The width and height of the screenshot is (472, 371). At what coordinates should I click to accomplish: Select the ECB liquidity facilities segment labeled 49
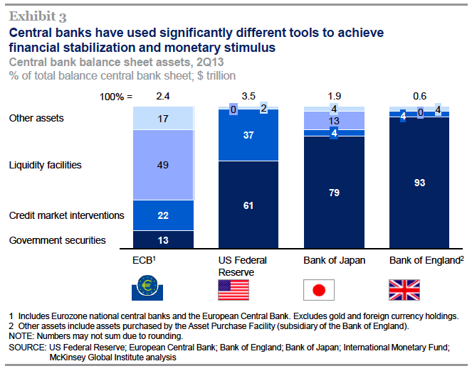(164, 166)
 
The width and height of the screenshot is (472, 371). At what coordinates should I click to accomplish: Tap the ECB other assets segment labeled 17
(164, 118)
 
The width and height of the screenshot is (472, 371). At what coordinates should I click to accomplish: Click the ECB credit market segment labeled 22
(164, 215)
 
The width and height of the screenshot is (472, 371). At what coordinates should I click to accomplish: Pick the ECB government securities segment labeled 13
(164, 240)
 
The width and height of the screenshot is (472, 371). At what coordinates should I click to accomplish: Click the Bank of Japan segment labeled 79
(335, 193)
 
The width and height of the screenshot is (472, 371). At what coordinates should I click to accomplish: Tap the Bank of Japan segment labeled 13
(335, 121)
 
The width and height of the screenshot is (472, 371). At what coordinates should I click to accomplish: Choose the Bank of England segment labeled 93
(420, 183)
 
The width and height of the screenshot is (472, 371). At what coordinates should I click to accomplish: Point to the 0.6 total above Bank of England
(420, 95)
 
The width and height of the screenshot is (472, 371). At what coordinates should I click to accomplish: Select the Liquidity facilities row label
(45, 166)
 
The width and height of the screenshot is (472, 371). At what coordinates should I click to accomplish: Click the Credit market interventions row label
(67, 215)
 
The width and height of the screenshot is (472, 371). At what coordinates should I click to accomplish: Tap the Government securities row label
(57, 240)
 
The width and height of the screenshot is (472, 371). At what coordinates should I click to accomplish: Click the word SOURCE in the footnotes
(26, 347)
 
